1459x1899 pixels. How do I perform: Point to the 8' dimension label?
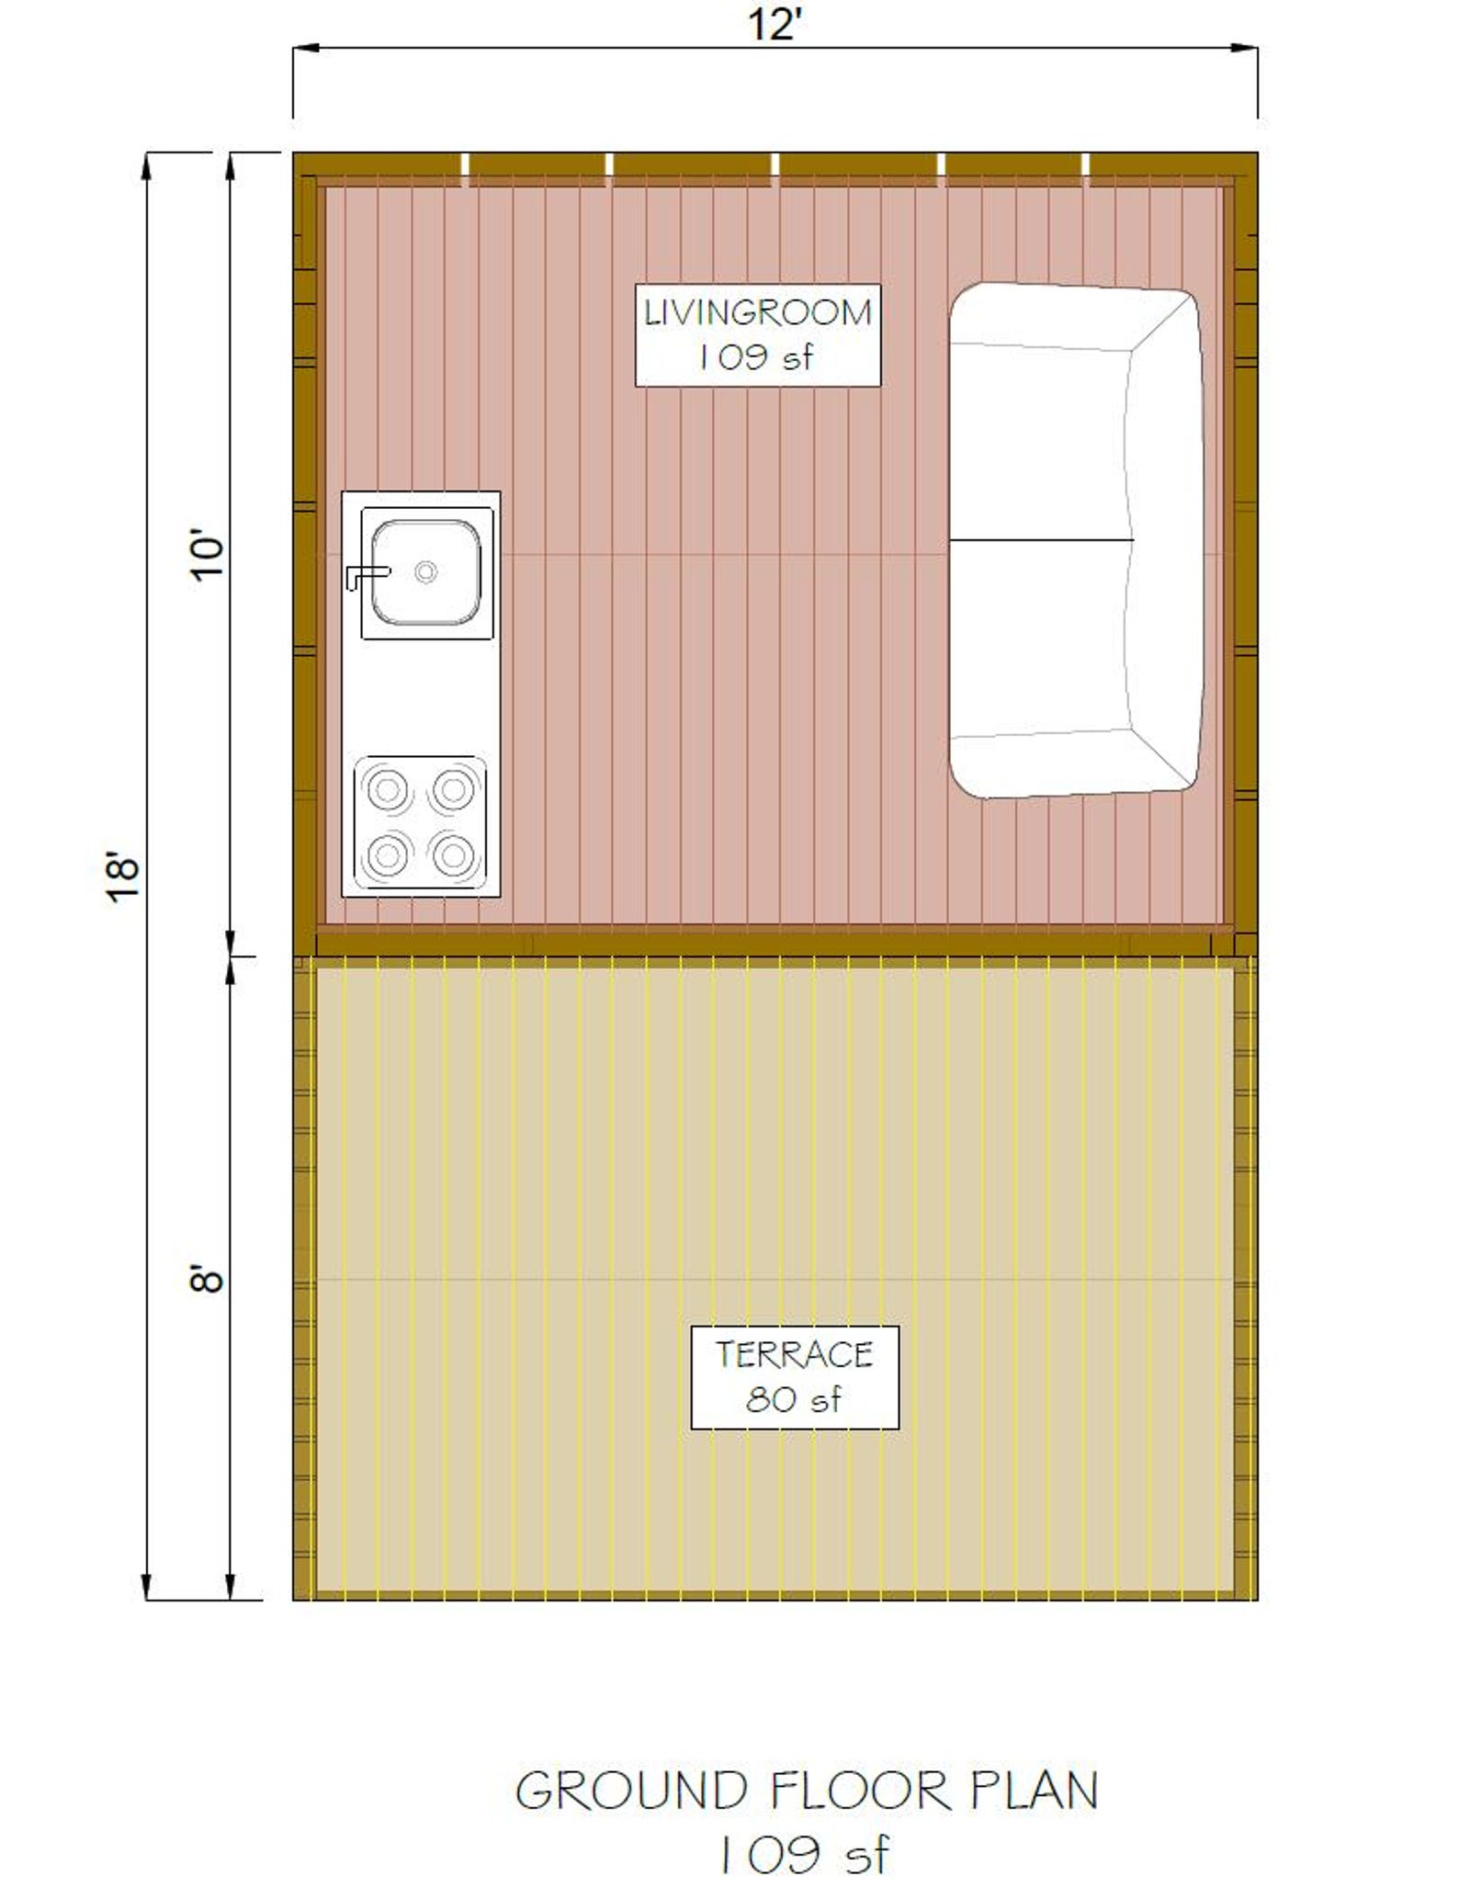pyautogui.click(x=208, y=1279)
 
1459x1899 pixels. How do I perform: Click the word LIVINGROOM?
pyautogui.click(x=757, y=313)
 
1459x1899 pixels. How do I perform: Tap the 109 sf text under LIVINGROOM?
pyautogui.click(x=755, y=357)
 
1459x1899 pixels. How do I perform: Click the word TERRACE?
pyautogui.click(x=795, y=1354)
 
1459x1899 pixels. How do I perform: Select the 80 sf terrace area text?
pyautogui.click(x=793, y=1399)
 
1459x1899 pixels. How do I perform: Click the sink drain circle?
pyautogui.click(x=425, y=572)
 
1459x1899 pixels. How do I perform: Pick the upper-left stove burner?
pyautogui.click(x=388, y=789)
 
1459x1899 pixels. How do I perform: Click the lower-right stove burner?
pyautogui.click(x=453, y=855)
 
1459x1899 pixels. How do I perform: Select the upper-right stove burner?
pyautogui.click(x=453, y=789)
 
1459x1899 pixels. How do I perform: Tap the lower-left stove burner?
pyautogui.click(x=388, y=855)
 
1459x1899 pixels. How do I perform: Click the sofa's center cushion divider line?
pyautogui.click(x=1040, y=540)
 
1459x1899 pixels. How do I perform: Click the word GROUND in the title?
pyautogui.click(x=631, y=1792)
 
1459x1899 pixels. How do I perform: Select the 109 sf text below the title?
pyautogui.click(x=804, y=1856)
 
